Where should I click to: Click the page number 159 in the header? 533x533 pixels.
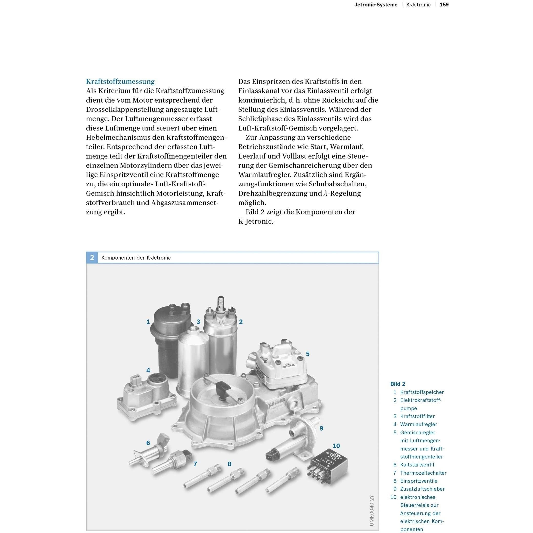coord(444,5)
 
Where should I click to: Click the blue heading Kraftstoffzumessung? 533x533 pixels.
coord(120,81)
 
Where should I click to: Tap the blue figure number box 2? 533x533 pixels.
coord(92,258)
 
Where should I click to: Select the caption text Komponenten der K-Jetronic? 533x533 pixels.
coord(136,258)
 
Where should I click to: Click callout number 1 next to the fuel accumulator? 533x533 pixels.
coord(148,322)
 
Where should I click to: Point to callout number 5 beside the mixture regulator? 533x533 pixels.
coord(307,354)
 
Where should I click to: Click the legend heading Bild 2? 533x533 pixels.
coord(397,384)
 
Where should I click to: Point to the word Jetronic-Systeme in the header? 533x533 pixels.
coord(376,5)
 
